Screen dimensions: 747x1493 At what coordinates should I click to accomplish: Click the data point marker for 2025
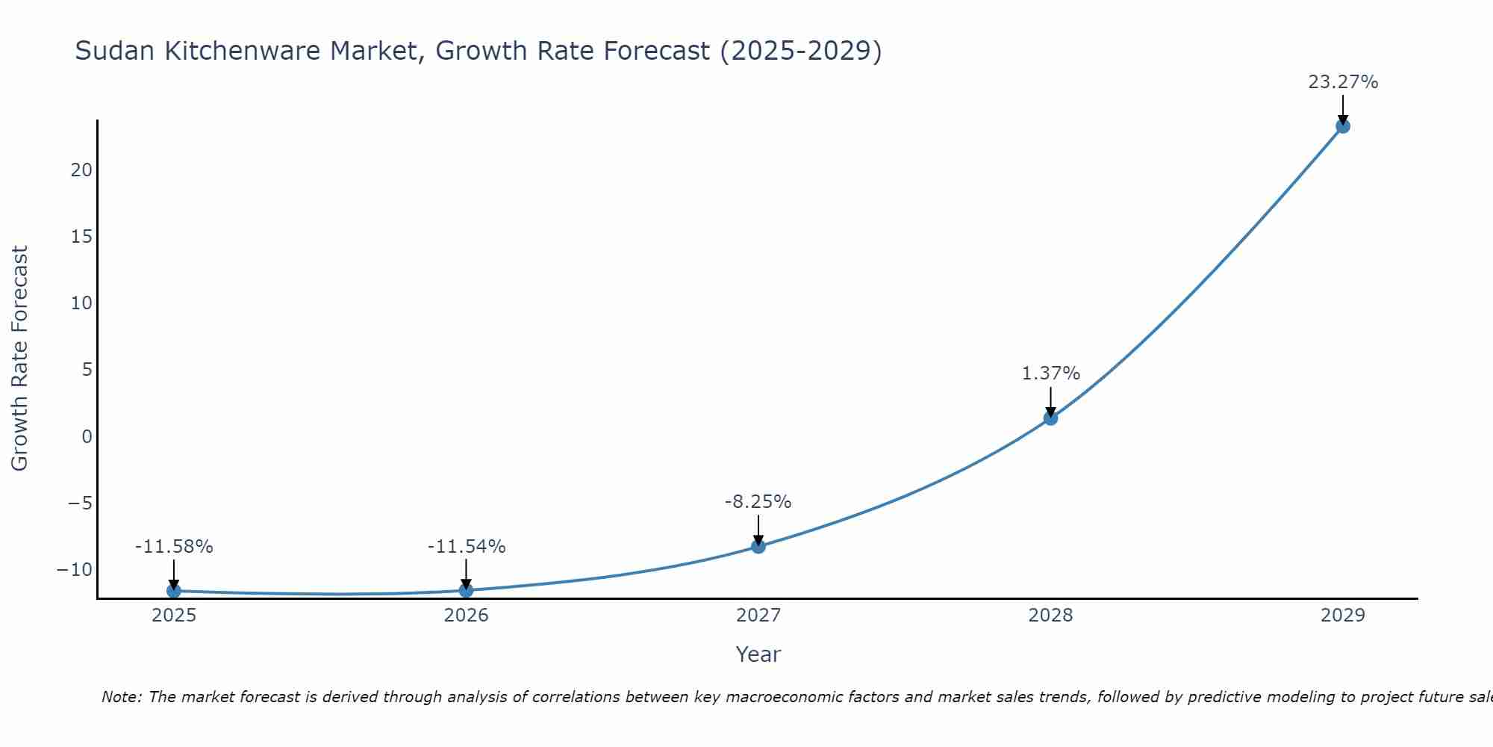point(174,591)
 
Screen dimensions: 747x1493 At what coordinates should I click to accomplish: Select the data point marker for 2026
point(466,590)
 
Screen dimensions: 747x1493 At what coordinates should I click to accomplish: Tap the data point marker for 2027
point(758,546)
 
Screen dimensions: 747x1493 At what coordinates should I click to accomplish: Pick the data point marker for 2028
point(1050,418)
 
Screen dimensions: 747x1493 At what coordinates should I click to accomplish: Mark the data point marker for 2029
point(1343,126)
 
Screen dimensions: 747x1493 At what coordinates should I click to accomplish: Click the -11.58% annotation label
point(174,547)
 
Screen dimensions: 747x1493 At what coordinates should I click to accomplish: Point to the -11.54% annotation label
point(467,547)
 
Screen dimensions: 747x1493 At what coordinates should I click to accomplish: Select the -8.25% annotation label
point(758,502)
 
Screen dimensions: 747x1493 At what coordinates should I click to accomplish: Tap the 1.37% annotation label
point(1050,373)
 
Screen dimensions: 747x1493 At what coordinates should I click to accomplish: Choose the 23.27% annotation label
point(1343,82)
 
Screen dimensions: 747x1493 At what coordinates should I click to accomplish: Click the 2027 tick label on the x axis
point(758,616)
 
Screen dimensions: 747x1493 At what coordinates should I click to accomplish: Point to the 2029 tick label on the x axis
point(1343,616)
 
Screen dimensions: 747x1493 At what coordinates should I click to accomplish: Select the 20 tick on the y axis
point(82,170)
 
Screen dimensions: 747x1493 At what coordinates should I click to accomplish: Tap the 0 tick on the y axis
point(87,436)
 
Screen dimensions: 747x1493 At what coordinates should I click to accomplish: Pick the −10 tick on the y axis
point(75,570)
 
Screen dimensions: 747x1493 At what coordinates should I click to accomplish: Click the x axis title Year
point(758,654)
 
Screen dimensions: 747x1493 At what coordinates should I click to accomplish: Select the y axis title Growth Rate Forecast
point(20,359)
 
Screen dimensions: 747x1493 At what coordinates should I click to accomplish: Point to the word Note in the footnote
point(120,697)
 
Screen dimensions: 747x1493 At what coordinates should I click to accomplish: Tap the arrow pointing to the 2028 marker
point(1050,402)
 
